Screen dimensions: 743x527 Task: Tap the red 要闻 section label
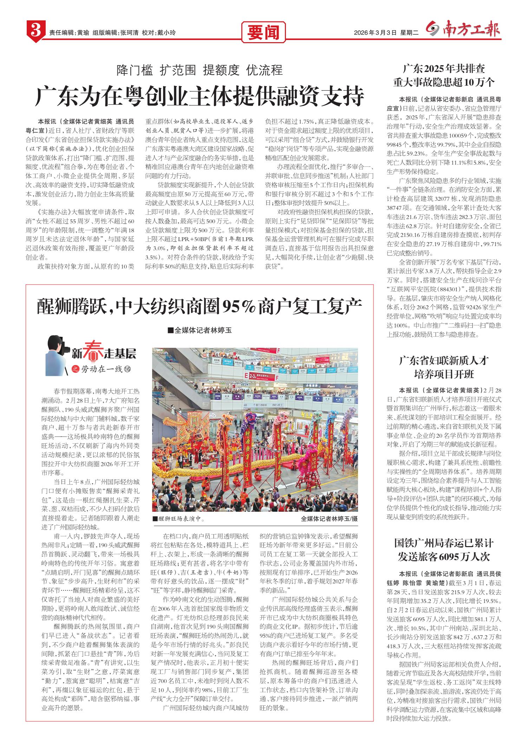(x=263, y=33)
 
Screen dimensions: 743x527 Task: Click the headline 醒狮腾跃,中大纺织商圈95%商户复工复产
(x=199, y=307)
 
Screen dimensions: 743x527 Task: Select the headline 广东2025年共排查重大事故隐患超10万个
(x=444, y=75)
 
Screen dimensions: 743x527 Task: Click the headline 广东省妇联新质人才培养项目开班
(x=444, y=367)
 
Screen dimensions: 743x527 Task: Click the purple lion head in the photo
(x=251, y=418)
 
